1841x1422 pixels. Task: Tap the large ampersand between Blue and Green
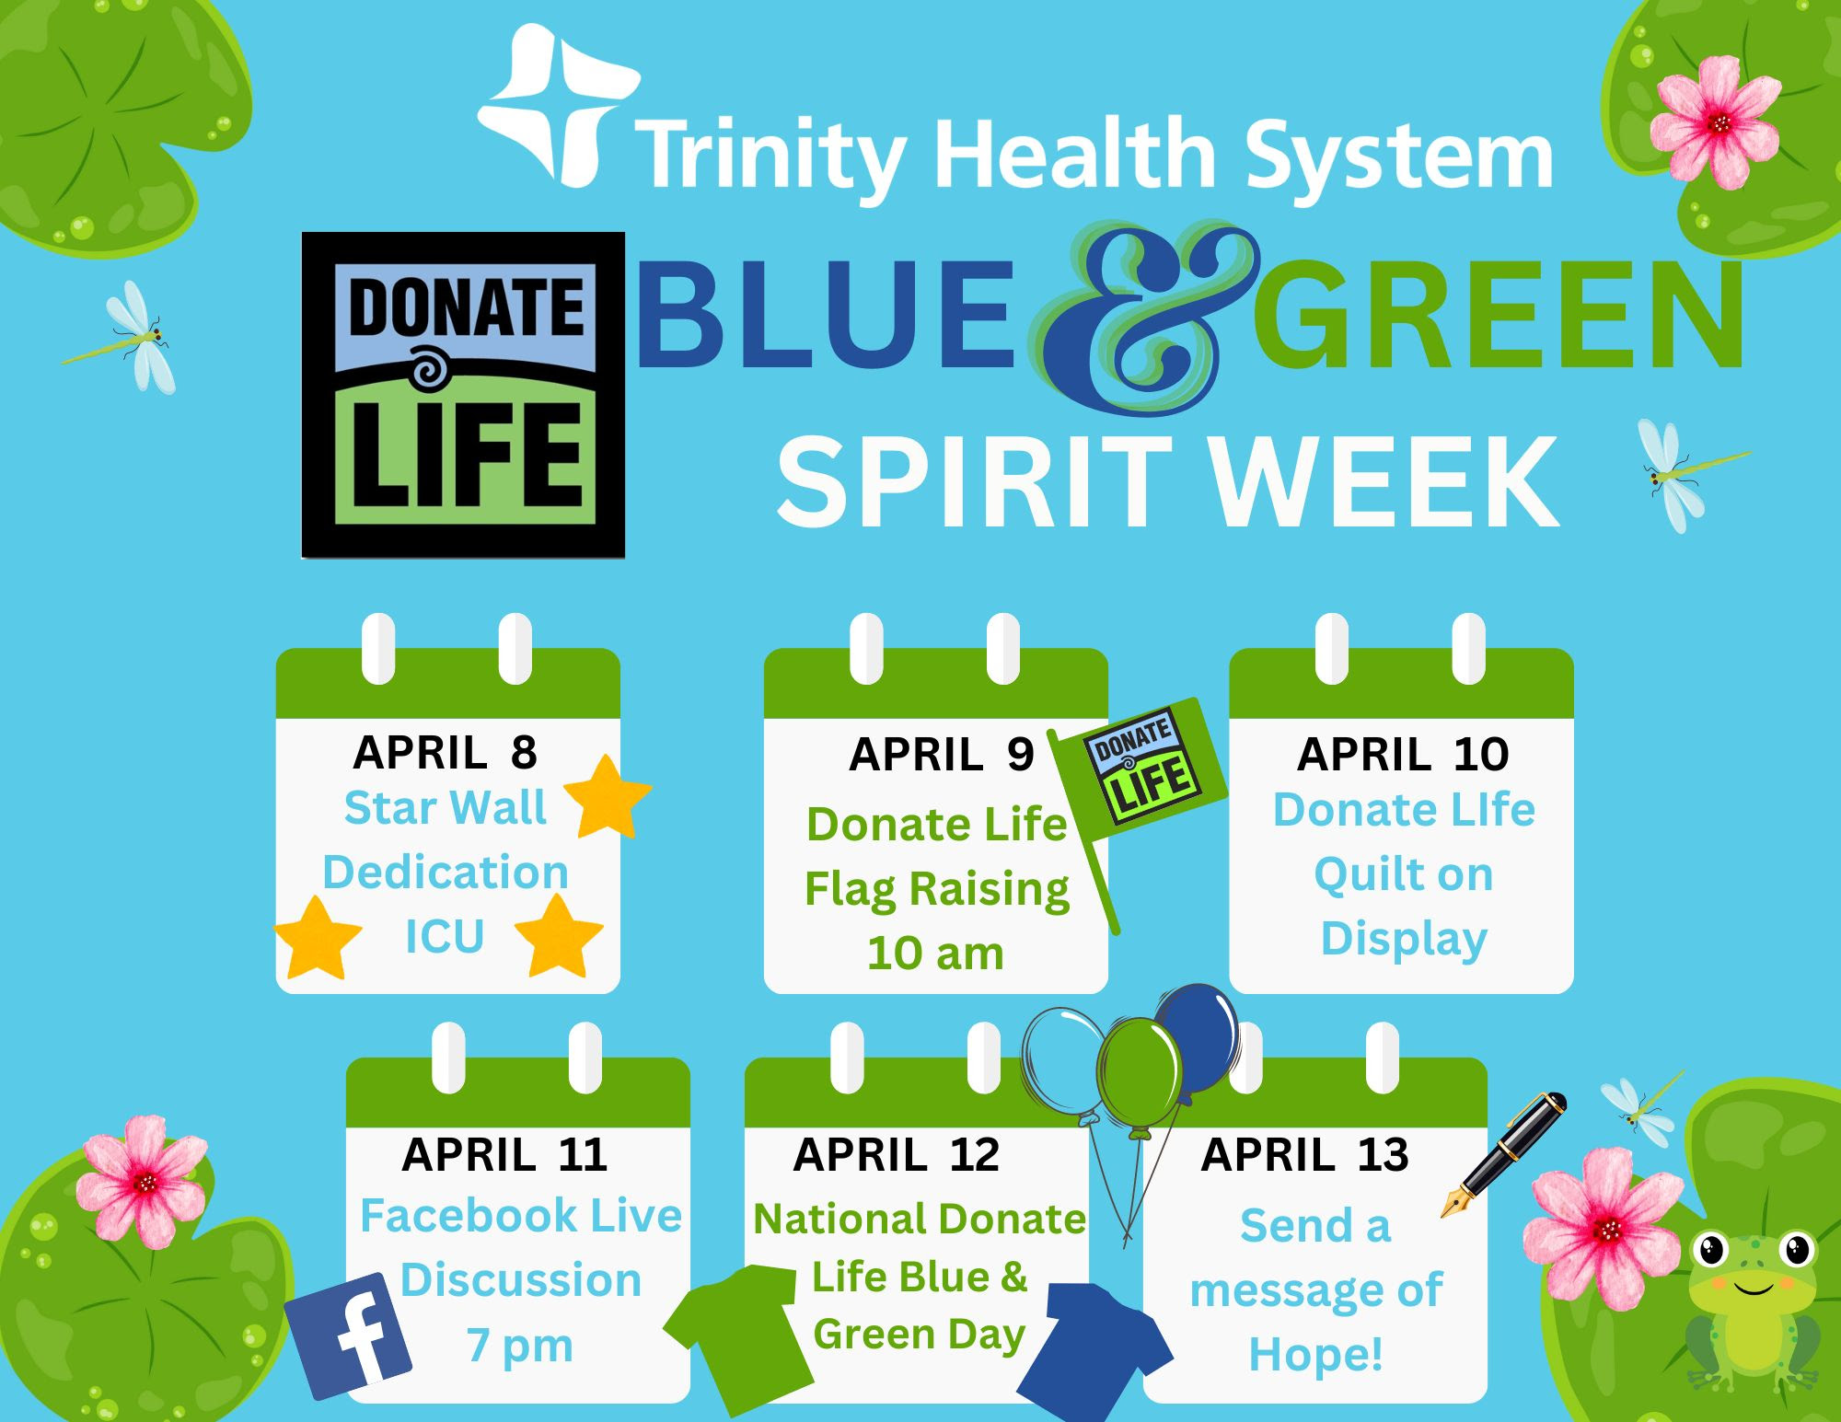(1141, 318)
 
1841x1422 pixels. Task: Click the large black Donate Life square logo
(463, 395)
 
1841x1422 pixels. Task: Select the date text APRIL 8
(446, 752)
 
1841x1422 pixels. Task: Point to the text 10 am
(935, 953)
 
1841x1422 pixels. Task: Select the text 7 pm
(520, 1346)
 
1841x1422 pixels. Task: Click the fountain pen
(1503, 1155)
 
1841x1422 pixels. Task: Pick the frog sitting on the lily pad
(1753, 1307)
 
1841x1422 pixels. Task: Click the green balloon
(1140, 1072)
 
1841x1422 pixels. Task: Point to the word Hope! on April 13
(1315, 1355)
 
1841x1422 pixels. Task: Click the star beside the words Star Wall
(607, 797)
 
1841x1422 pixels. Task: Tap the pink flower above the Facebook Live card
(143, 1180)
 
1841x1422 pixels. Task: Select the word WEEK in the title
(1384, 482)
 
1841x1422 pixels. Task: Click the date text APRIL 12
(896, 1154)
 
